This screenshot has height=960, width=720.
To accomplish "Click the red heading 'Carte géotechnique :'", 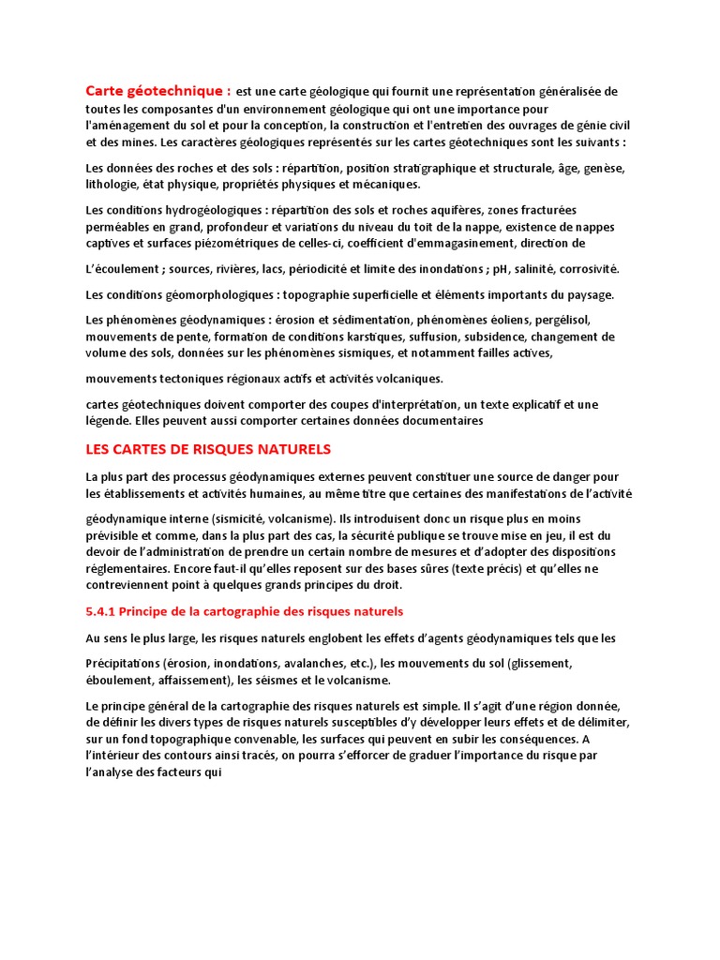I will [x=157, y=91].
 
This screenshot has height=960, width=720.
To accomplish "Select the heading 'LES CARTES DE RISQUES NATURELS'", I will [x=208, y=450].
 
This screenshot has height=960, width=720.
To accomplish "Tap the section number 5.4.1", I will [x=102, y=611].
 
